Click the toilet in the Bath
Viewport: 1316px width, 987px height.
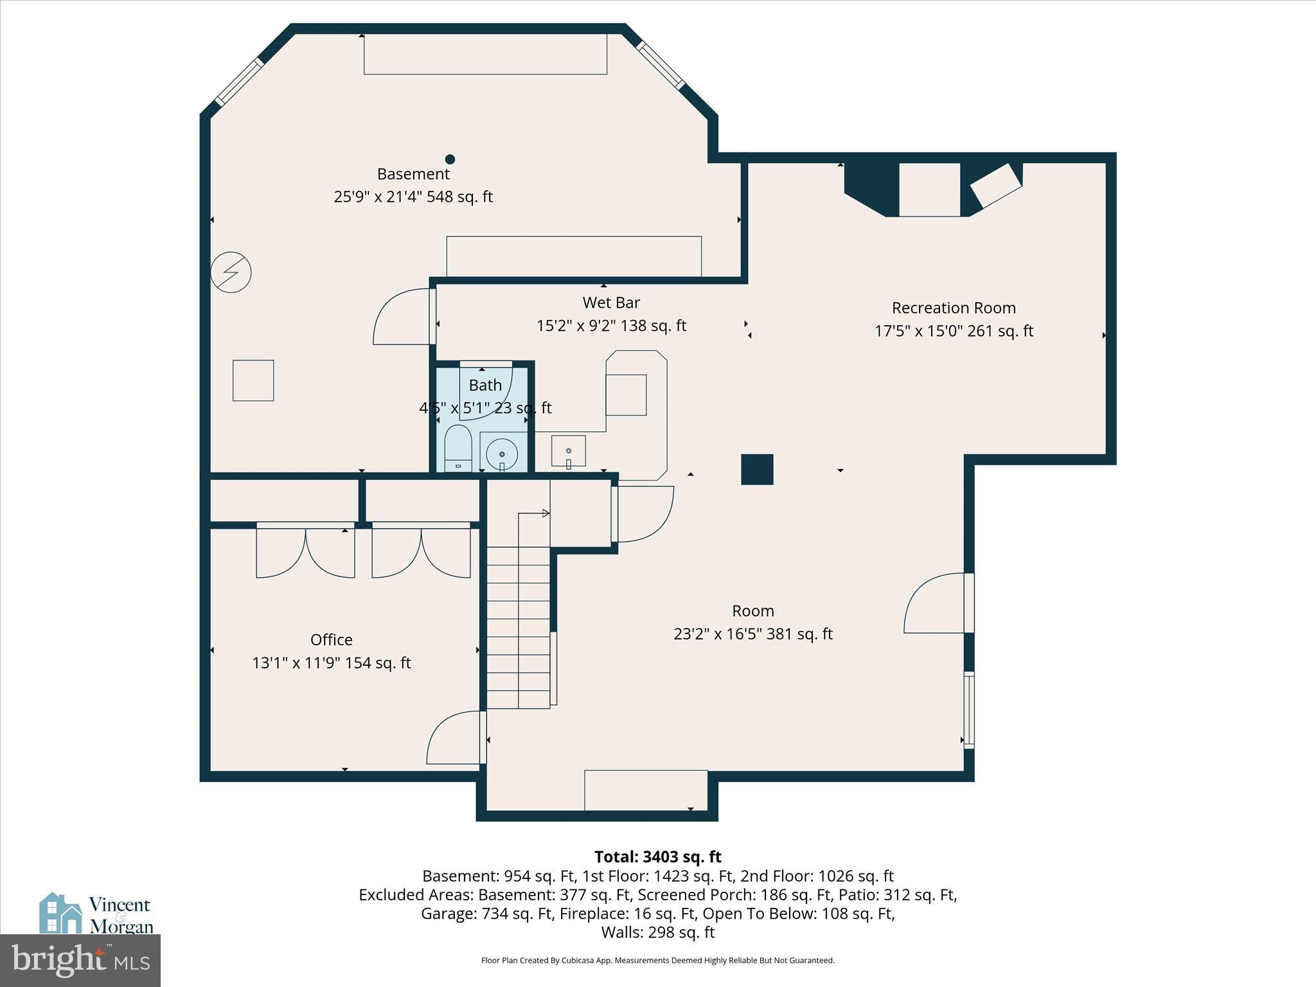[x=458, y=447]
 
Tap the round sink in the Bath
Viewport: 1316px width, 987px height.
[x=502, y=454]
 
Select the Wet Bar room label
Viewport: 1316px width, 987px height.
[x=611, y=302]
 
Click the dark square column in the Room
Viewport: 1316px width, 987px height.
[x=757, y=469]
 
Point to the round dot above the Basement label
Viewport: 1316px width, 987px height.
[x=450, y=159]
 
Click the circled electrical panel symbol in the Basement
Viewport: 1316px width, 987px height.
[x=231, y=272]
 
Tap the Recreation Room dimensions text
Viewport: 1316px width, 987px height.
[x=954, y=331]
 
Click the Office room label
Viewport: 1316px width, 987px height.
[x=331, y=639]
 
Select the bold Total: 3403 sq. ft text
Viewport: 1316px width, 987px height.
[x=657, y=857]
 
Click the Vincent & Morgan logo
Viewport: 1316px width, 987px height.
[x=96, y=914]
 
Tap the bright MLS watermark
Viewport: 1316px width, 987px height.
[x=80, y=960]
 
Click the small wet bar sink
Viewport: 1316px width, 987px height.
[x=569, y=451]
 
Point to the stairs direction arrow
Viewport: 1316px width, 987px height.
[x=545, y=513]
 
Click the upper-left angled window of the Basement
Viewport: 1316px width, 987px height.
[x=239, y=82]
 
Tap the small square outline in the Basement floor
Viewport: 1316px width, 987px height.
[x=253, y=380]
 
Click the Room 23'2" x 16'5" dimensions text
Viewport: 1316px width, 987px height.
[x=752, y=634]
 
